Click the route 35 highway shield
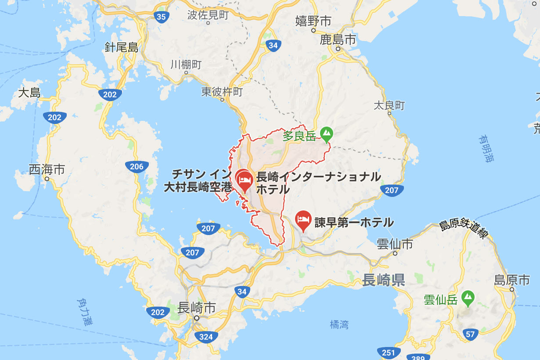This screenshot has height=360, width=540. [x=161, y=17]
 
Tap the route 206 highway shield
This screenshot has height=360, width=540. [x=137, y=166]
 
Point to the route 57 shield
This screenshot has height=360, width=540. [x=470, y=334]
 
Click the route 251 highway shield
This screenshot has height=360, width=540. [x=389, y=352]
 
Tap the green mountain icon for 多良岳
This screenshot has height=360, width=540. [x=326, y=133]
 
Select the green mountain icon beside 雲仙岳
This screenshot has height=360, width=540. [x=468, y=297]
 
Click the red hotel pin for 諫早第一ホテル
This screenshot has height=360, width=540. [x=303, y=218]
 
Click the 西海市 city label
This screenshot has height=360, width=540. [x=47, y=169]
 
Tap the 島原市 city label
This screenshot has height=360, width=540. [x=512, y=280]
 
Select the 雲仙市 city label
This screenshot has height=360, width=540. [x=395, y=244]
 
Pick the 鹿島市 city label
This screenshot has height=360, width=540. [x=338, y=40]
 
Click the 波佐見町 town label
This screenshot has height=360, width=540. [x=208, y=15]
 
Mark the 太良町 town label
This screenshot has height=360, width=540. [x=389, y=105]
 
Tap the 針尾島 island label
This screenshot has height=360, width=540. [x=122, y=47]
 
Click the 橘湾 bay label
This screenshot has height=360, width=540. [x=339, y=324]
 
